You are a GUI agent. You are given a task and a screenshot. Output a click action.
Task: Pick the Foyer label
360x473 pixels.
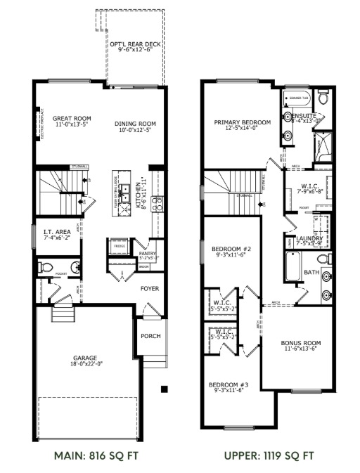(149, 288)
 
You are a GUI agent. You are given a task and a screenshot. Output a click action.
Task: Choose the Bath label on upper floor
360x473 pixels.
(311, 272)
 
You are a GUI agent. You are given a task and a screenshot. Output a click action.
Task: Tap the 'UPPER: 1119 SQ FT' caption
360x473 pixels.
(269, 455)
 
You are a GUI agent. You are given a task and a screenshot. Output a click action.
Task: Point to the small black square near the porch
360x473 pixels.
(163, 389)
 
